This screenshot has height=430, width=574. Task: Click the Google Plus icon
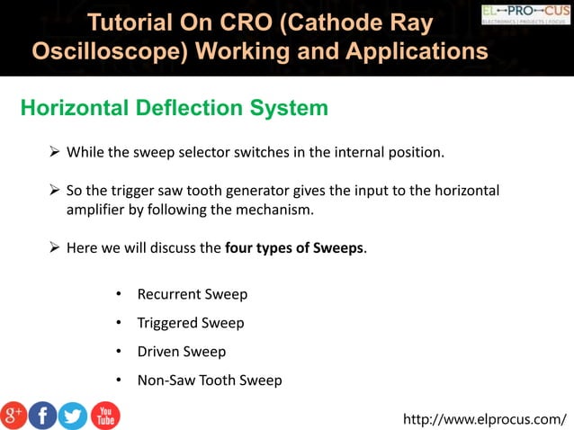click(x=13, y=415)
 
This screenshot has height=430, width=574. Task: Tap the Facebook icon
click(x=42, y=415)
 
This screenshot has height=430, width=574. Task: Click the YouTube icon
click(x=104, y=415)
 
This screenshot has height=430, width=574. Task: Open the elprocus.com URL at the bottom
click(x=485, y=418)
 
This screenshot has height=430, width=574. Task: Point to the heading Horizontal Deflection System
click(x=174, y=109)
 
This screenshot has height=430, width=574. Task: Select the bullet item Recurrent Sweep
click(x=192, y=294)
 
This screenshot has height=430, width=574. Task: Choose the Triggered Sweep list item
click(x=190, y=323)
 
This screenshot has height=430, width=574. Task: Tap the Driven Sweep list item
click(x=181, y=352)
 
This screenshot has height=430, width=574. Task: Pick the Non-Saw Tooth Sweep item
click(x=209, y=381)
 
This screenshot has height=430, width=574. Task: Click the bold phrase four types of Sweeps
click(x=294, y=247)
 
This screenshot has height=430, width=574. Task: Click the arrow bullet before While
click(x=54, y=151)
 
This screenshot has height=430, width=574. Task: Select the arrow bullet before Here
click(x=54, y=247)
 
